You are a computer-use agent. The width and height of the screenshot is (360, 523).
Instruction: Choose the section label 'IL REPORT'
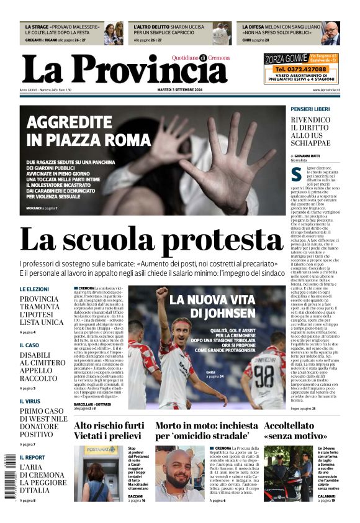pyautogui.click(x=32, y=457)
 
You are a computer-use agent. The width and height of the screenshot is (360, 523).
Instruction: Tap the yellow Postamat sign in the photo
pyautogui.click(x=101, y=450)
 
